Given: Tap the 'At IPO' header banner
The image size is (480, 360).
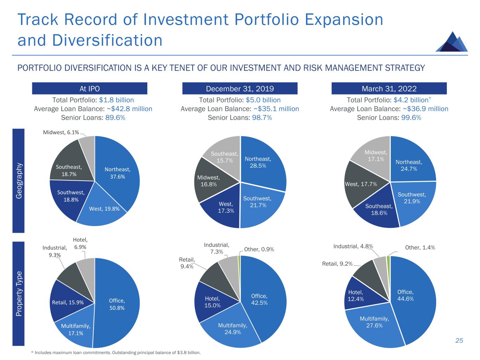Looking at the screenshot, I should coord(89,89).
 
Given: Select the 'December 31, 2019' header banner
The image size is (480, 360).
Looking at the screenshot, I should coord(240,89).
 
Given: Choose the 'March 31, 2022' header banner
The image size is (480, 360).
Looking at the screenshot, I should coord(389,89).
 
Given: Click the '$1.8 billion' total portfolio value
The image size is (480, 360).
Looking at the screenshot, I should coord(116,100).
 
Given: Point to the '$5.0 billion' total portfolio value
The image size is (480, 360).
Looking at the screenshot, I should coord(264,100).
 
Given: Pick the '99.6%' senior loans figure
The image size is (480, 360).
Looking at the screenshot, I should coord(411,118).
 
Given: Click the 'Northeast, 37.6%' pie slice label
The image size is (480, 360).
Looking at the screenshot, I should coord(117,173).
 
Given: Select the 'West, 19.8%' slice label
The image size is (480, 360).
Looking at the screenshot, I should coord(104,209).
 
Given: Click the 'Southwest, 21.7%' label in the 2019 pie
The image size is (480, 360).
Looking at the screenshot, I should coord(257,202).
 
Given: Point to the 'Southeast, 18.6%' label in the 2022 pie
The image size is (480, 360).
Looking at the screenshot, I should coord(378,210).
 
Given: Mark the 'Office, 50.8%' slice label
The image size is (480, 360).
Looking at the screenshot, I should coord(117,304).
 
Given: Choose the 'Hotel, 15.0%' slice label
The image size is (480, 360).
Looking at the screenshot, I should coord(212,302).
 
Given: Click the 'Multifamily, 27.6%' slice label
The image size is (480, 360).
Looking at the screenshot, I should coord(374,322).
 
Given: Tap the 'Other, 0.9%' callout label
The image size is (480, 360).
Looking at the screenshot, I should coord(259,249).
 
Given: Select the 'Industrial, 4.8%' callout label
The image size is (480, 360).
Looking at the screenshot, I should coord(353,246).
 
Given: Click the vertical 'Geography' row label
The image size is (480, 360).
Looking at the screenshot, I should coord(19,180).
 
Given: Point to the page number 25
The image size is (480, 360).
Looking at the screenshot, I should coord(459,340).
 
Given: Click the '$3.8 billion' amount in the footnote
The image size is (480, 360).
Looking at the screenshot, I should coord(190,353).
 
